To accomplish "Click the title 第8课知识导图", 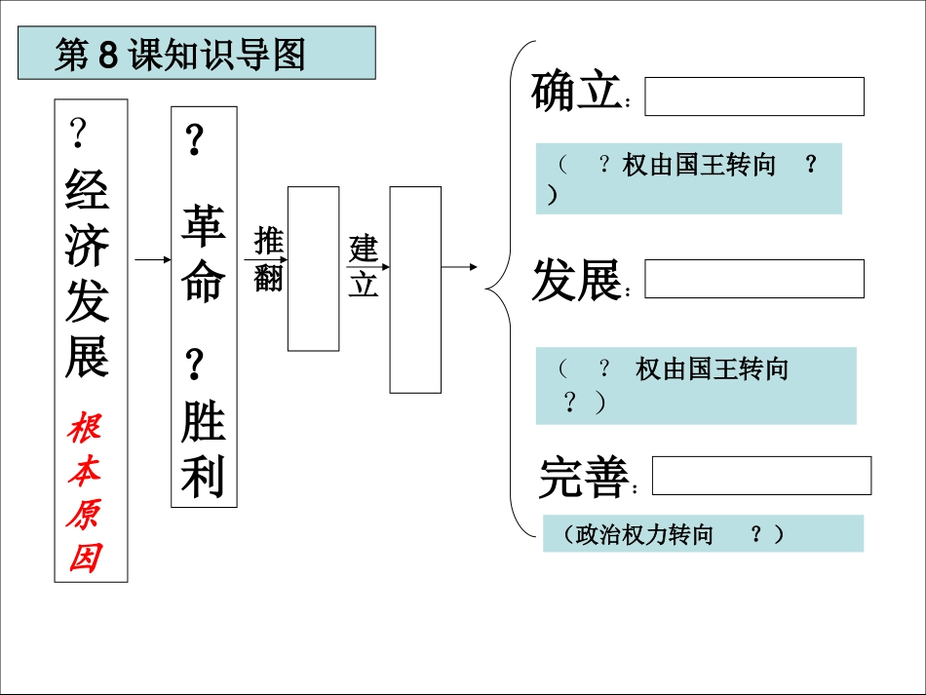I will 180,55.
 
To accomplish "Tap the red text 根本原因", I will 86,493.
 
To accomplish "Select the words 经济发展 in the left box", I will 87,273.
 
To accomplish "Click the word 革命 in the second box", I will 203,252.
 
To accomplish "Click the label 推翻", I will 268,259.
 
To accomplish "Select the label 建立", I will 364,265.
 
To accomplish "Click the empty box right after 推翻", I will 313,267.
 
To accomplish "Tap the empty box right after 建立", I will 415,290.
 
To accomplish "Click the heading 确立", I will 576,92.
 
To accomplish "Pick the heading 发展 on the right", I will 576,282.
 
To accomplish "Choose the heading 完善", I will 583,478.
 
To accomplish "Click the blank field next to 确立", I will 753,97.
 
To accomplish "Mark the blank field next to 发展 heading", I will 753,279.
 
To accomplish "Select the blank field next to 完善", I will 760,475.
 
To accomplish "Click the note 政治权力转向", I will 643,534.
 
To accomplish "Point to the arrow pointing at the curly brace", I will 459,266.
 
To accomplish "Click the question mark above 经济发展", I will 77,134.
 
